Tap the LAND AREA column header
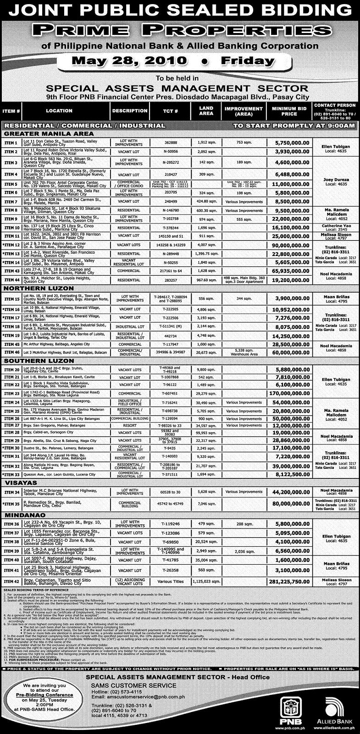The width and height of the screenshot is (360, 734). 206,111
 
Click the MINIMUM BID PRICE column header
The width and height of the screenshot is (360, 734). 289,111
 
